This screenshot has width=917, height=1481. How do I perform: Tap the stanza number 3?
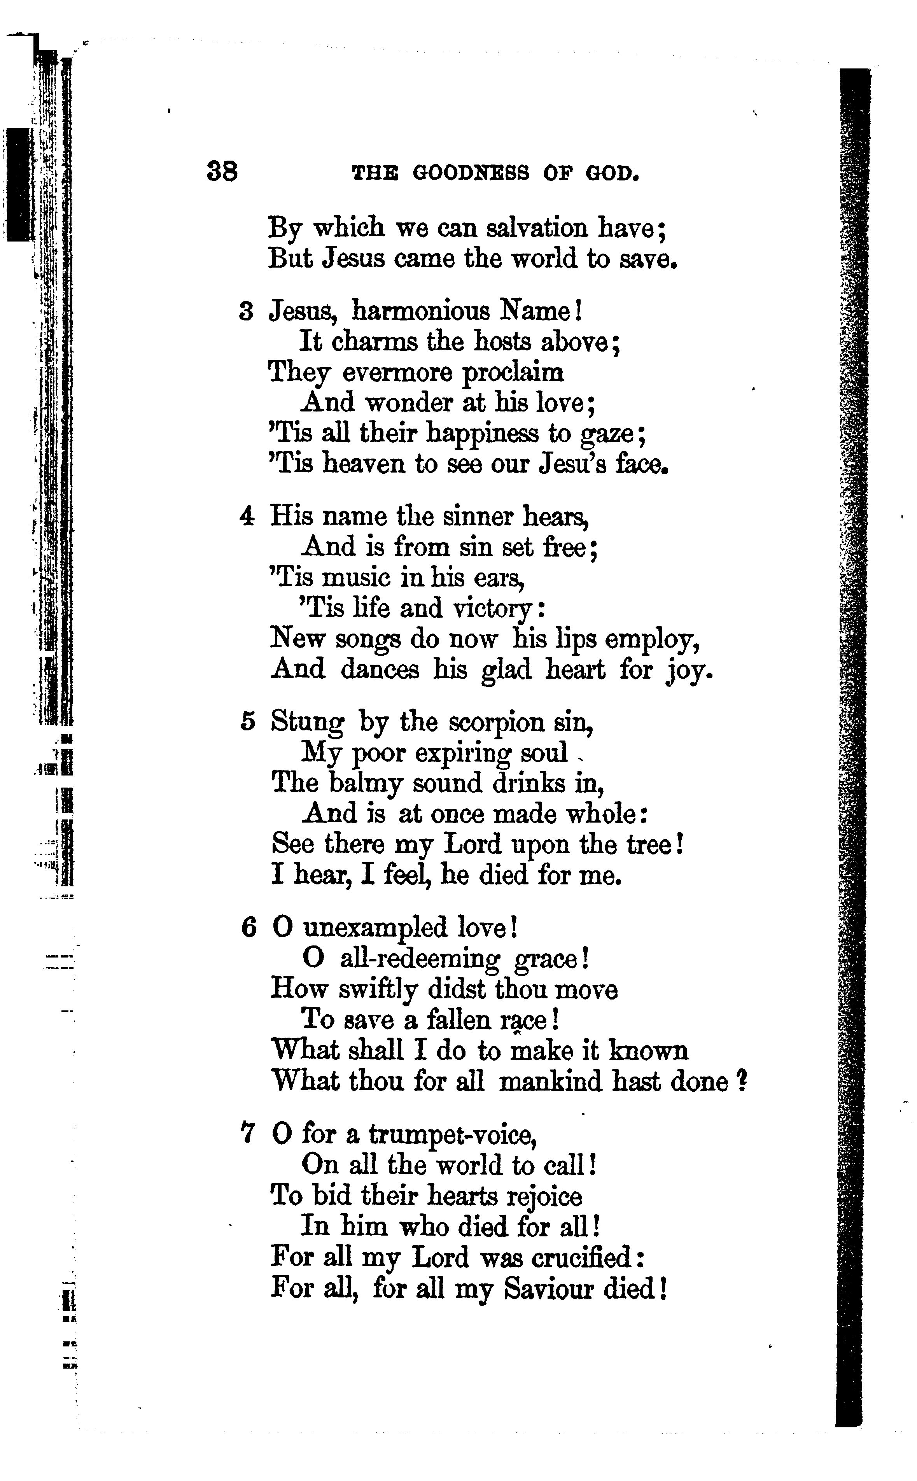[246, 312]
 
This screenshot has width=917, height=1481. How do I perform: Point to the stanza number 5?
[247, 722]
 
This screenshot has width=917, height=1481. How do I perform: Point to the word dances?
[380, 670]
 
